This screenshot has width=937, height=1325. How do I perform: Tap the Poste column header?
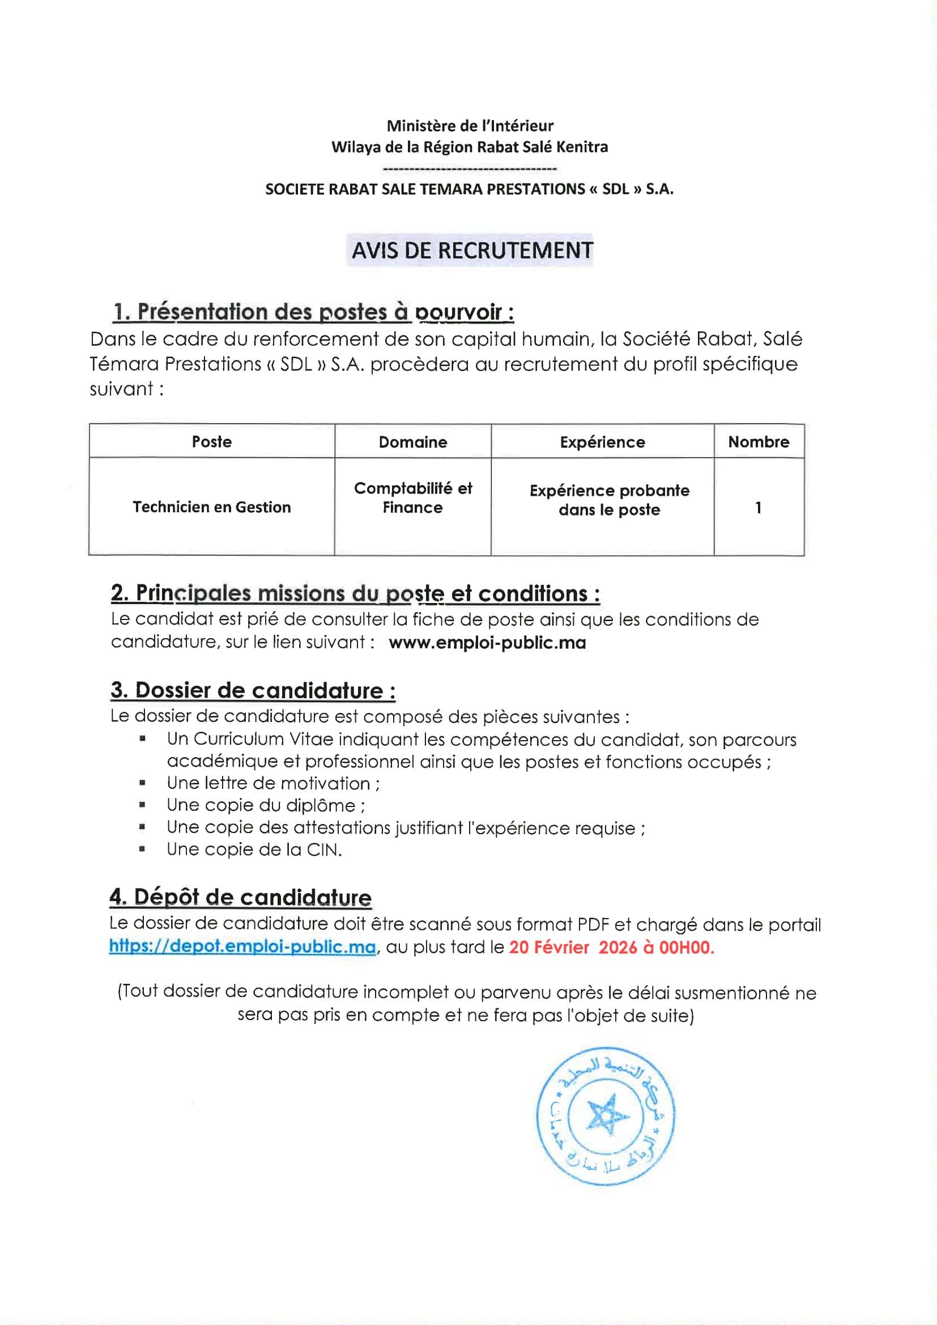(x=212, y=442)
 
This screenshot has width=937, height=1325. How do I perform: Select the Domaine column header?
(x=412, y=443)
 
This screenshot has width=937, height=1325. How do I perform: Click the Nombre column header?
(x=758, y=442)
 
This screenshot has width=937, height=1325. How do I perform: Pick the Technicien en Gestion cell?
(x=212, y=507)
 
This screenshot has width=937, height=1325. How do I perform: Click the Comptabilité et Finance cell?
(x=412, y=498)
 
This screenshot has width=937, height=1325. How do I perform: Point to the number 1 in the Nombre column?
(x=758, y=508)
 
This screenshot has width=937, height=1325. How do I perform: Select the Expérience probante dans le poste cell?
(x=610, y=500)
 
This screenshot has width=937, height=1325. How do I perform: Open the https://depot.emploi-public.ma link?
(x=242, y=947)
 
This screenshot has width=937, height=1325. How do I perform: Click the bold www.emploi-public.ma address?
(x=487, y=643)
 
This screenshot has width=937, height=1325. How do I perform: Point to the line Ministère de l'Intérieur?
(x=470, y=126)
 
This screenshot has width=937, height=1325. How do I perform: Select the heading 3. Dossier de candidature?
(x=253, y=691)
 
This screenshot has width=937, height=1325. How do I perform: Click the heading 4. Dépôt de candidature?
(x=240, y=897)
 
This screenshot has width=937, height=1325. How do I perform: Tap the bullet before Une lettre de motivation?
(x=142, y=783)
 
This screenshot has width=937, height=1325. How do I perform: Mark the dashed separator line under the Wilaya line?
(x=470, y=168)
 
